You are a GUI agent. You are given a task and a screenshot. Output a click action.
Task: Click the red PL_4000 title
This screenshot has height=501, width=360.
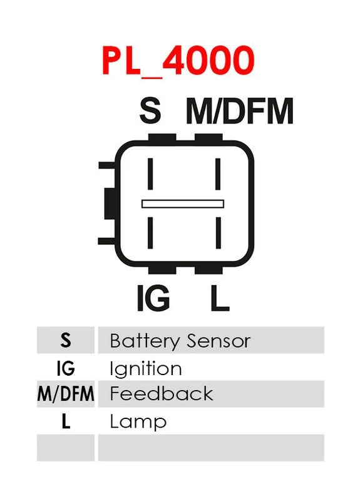pyautogui.click(x=178, y=61)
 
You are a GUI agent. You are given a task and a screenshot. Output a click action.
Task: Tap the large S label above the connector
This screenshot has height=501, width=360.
pyautogui.click(x=150, y=111)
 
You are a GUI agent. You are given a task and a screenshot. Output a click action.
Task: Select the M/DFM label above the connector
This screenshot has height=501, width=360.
pyautogui.click(x=239, y=111)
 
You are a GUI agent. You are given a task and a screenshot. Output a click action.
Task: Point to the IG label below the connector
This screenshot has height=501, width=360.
pyautogui.click(x=153, y=298)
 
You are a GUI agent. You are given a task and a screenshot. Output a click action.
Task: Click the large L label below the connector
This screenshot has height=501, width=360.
pyautogui.click(x=220, y=298)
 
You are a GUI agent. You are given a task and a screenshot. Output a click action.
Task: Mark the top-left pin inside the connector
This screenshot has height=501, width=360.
pyautogui.click(x=150, y=174)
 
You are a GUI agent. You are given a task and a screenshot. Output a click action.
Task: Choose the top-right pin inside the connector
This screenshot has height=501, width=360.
pyautogui.click(x=218, y=174)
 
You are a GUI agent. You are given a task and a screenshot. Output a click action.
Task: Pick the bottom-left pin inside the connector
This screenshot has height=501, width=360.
pyautogui.click(x=150, y=233)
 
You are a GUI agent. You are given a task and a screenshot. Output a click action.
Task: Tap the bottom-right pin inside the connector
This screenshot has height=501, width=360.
pyautogui.click(x=218, y=233)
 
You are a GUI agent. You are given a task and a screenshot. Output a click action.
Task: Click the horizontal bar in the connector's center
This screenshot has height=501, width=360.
pyautogui.click(x=183, y=204)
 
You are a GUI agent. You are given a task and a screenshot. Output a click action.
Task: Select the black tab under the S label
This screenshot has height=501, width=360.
pyautogui.click(x=162, y=137)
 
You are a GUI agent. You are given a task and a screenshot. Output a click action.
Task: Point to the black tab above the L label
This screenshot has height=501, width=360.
pyautogui.click(x=208, y=270)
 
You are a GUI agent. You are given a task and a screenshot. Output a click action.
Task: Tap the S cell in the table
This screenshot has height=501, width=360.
pyautogui.click(x=66, y=340)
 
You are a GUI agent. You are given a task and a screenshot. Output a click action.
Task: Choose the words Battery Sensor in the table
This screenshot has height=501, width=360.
pyautogui.click(x=180, y=341)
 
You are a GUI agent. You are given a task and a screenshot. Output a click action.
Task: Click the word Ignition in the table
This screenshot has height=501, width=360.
pyautogui.click(x=146, y=369)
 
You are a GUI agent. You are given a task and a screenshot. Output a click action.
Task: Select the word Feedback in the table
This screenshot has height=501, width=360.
pyautogui.click(x=162, y=394)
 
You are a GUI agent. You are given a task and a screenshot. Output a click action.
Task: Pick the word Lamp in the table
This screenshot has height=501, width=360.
pyautogui.click(x=138, y=422)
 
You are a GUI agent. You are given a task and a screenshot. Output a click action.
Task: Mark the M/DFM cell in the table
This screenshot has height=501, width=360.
pyautogui.click(x=66, y=394)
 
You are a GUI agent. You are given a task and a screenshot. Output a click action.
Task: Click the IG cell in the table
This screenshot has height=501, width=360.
pyautogui.click(x=66, y=368)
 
